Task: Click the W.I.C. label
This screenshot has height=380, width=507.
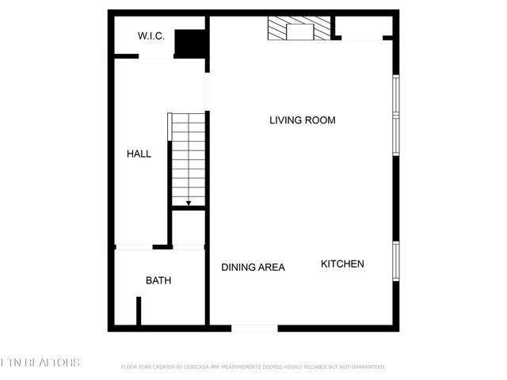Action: [151, 36]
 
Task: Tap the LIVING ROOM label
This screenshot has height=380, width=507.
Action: [303, 120]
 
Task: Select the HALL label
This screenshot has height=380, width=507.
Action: [139, 154]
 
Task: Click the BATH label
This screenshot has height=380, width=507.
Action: [158, 280]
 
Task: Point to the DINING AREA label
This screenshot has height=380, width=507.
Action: [253, 268]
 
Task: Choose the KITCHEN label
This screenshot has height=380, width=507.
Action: [342, 264]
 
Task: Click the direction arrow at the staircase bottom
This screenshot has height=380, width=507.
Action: [189, 203]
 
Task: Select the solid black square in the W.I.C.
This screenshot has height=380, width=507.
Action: [188, 44]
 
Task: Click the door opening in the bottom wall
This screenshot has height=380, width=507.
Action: [254, 328]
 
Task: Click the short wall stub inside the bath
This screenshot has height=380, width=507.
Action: [139, 311]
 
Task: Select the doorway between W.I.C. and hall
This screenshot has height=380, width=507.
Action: [157, 57]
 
